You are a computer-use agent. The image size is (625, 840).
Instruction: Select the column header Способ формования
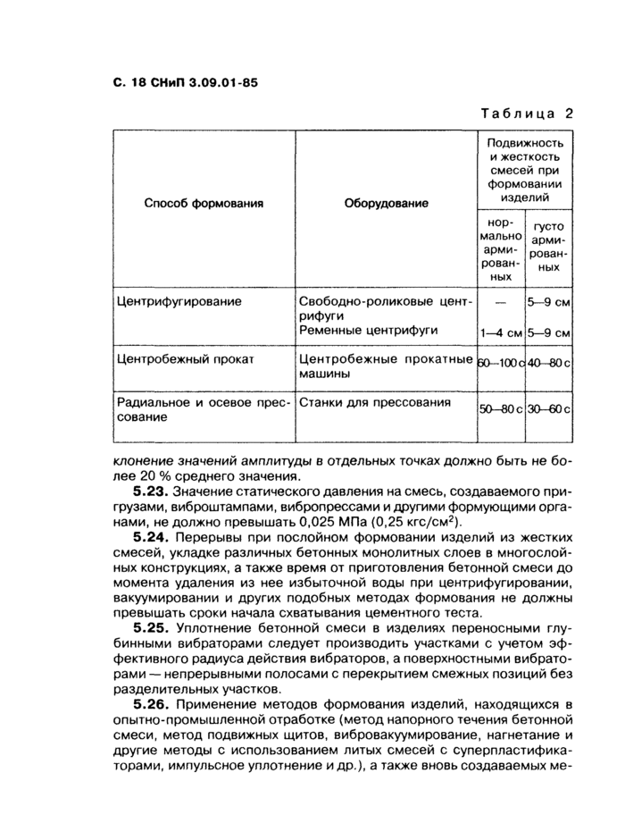coord(204,203)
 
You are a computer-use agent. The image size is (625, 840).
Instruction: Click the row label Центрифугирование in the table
coord(179,301)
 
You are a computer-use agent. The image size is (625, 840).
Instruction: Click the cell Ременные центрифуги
coord(368,331)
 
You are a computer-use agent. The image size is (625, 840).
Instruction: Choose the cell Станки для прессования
coord(374,402)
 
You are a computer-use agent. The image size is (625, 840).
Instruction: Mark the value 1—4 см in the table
coord(500,332)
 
